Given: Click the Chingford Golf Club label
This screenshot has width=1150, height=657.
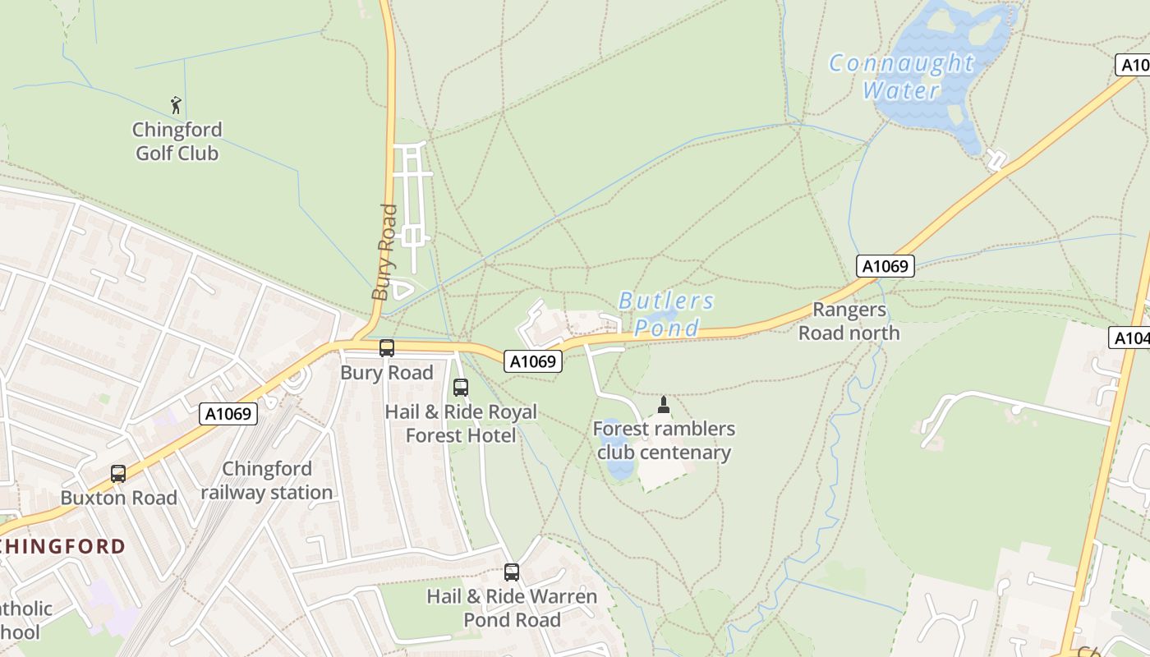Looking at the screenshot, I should tap(177, 141).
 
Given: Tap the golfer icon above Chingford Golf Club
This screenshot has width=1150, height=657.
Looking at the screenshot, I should tap(176, 105).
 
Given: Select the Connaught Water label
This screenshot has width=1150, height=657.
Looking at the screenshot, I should tap(901, 76).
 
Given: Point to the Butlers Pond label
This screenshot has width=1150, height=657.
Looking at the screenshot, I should tap(666, 315).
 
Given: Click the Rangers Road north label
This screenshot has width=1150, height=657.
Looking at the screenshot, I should tap(849, 321).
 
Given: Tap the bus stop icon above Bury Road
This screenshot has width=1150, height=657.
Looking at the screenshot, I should tap(387, 348).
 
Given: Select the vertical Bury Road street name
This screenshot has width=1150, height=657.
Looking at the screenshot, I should tap(384, 252).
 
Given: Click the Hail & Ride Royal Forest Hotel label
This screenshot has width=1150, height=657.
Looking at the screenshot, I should tap(461, 424).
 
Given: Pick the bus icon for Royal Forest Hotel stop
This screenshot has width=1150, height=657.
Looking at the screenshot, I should tap(461, 388).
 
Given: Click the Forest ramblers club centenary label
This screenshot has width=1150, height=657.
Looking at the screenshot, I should tap(664, 441).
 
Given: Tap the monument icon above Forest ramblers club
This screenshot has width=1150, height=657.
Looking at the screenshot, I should tap(664, 405).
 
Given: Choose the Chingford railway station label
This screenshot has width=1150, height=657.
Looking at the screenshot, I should tap(267, 480).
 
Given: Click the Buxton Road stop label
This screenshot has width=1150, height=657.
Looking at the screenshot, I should tap(119, 498).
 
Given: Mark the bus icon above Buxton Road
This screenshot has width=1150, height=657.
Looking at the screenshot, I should tap(118, 474).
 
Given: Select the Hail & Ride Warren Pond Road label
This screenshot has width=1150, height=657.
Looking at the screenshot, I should tap(512, 608).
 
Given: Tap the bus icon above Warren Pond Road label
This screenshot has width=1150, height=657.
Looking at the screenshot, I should tap(512, 572).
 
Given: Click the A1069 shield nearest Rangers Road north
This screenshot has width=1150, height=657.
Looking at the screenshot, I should tap(885, 266).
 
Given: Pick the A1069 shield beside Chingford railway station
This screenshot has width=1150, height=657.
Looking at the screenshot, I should tap(228, 414).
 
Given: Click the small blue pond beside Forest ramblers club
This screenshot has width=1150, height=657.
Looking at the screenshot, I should tap(618, 460).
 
